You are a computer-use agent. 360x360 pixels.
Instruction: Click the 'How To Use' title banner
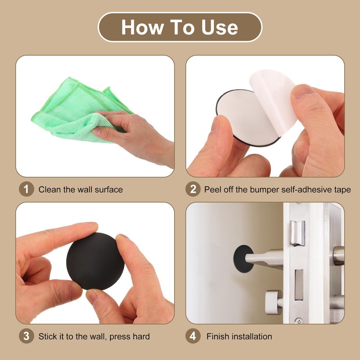click(x=180, y=27)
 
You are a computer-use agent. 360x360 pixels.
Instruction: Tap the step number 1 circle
click(x=26, y=189)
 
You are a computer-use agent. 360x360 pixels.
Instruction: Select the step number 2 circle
click(x=193, y=189)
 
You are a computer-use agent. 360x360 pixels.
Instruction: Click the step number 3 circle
click(x=26, y=336)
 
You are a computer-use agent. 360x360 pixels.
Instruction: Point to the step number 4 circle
click(x=193, y=336)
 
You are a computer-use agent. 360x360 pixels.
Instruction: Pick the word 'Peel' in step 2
click(x=213, y=189)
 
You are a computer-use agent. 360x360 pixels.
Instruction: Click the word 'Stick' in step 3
click(x=48, y=336)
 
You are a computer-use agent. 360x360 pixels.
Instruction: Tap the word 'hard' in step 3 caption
click(x=140, y=336)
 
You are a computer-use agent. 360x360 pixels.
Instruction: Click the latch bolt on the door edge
click(x=297, y=234)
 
